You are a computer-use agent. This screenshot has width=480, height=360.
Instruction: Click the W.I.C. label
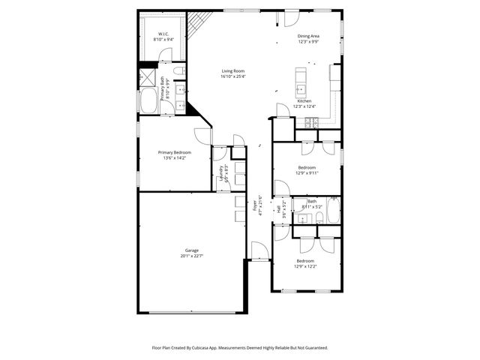tap(162, 34)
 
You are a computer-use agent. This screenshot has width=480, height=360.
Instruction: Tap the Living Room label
tap(232, 70)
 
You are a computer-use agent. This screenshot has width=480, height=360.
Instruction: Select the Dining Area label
tap(308, 37)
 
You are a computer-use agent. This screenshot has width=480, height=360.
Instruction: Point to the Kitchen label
tap(304, 100)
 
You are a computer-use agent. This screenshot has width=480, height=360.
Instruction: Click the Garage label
tap(192, 250)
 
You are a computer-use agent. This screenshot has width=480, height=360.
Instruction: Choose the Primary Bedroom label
tap(174, 152)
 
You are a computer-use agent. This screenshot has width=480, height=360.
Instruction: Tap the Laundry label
tap(221, 173)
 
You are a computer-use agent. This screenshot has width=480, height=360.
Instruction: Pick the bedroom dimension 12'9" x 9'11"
tap(307, 172)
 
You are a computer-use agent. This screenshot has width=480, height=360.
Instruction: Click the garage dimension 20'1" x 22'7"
tap(192, 256)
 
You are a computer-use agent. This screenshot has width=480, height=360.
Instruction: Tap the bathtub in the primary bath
tap(148, 102)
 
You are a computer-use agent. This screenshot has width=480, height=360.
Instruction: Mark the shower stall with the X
tap(144, 77)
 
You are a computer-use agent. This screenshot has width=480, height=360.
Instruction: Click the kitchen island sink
tap(301, 89)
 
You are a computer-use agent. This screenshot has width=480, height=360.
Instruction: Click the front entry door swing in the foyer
tap(256, 250)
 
